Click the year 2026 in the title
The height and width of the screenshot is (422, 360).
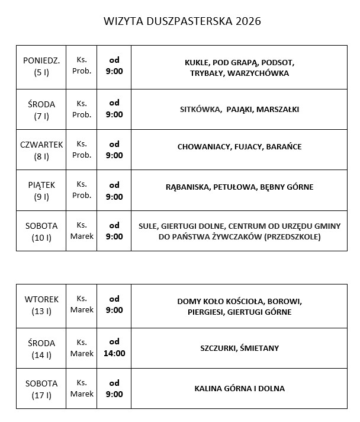248,21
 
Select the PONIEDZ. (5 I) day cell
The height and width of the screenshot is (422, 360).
41,67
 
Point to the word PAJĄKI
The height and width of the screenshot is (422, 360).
235,109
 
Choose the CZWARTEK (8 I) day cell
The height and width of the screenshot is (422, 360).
41,150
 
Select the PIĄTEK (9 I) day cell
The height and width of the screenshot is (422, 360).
41,191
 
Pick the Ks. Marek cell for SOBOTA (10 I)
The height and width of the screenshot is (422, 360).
82,231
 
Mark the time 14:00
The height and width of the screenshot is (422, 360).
114,353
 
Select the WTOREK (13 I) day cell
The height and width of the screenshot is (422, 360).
41,304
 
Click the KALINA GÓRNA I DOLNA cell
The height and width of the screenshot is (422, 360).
239,389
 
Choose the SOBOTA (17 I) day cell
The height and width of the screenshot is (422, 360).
41,389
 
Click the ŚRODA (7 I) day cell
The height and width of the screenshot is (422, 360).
41,110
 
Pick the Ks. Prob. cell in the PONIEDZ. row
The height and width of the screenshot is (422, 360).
82,67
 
